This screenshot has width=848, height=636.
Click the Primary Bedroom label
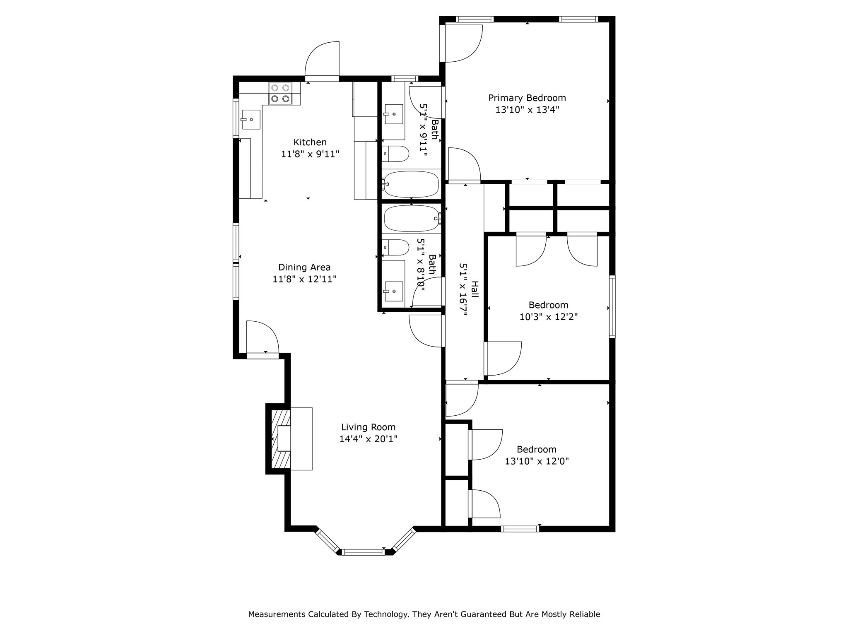(x=527, y=98)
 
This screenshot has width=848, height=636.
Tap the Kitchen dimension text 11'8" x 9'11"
(x=310, y=154)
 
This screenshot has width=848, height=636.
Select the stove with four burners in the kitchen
(x=280, y=93)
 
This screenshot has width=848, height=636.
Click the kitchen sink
(x=251, y=120)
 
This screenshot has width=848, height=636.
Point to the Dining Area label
(x=304, y=267)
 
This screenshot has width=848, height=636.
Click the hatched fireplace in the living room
(x=280, y=439)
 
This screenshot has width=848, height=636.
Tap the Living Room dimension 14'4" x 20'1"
(x=368, y=439)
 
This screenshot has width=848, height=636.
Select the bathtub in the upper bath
(x=411, y=184)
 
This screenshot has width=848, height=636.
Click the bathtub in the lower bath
(x=411, y=218)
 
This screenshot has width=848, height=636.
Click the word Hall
(x=475, y=289)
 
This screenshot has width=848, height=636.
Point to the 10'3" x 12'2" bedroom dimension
(x=548, y=317)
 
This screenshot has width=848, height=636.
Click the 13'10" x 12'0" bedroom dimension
(x=537, y=461)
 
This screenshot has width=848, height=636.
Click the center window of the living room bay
(x=363, y=552)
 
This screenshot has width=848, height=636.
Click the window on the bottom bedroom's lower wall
(x=520, y=528)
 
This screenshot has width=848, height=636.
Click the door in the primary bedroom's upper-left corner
(x=462, y=43)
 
